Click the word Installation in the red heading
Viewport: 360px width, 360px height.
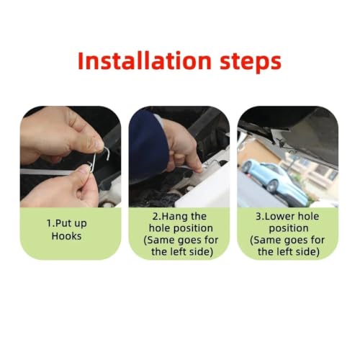pos(145,60)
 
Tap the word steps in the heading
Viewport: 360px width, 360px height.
pos(251,63)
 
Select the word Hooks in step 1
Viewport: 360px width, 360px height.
pos(66,236)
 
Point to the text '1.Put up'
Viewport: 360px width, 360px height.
pos(66,224)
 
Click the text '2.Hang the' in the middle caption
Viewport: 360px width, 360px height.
pos(179,217)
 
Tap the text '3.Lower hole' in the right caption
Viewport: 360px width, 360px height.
pos(287,217)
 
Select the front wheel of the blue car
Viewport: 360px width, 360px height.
pos(272,186)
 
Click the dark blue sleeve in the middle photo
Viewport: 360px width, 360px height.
pos(146,145)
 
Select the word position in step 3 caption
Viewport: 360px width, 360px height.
pos(289,229)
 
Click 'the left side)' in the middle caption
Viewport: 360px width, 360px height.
pos(182,252)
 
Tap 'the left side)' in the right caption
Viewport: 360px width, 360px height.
pos(289,252)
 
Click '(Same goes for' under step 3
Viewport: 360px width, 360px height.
pos(287,240)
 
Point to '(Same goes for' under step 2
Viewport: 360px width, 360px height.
pos(181,240)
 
